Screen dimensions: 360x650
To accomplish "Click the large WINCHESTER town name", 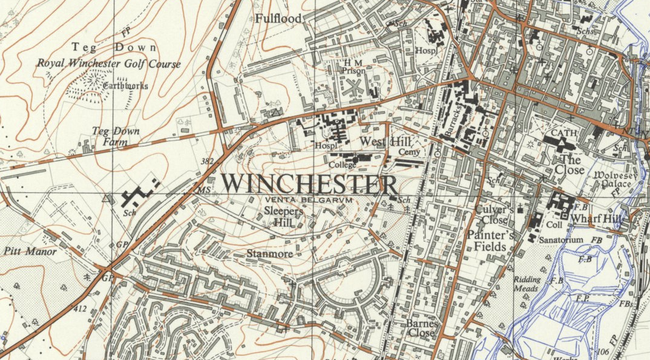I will pos(309,185).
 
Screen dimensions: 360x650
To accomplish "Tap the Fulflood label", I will pos(278,19).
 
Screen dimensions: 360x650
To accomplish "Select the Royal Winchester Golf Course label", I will pos(109,64).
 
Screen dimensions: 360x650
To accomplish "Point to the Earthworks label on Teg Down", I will pos(125,86).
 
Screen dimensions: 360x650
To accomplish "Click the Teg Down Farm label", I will pos(115,136).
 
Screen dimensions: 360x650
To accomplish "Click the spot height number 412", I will pos(80,309).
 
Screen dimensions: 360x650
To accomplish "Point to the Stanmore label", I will pos(269,254).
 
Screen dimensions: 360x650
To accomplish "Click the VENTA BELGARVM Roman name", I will pos(307,199).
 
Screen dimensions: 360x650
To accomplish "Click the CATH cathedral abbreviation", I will pos(563,133).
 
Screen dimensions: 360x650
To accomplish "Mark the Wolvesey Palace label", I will pos(613,179).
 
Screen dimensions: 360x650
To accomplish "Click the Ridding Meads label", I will pos(526,284).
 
